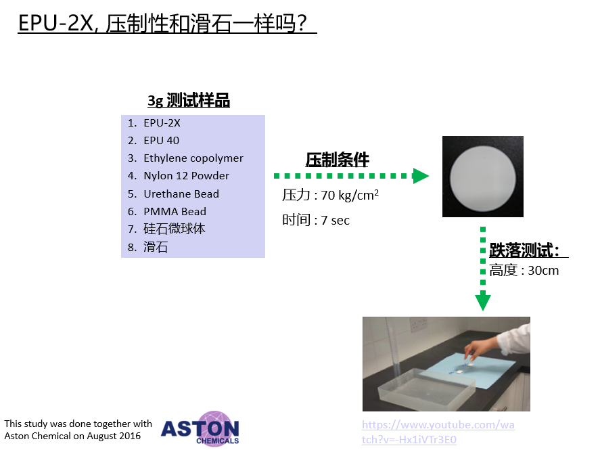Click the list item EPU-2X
[x=162, y=123]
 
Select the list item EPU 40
[x=161, y=141]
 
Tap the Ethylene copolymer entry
[x=193, y=158]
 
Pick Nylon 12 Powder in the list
[x=186, y=176]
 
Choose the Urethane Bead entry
[x=181, y=194]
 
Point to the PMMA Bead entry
[x=175, y=211]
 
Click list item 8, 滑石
[x=156, y=247]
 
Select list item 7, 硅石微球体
[x=174, y=229]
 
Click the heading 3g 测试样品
[x=189, y=101]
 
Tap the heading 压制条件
[x=337, y=160]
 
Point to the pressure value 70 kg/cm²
[x=350, y=195]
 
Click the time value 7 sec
[x=336, y=221]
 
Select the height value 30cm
[x=543, y=271]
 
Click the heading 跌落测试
[x=524, y=250]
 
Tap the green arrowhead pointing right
[x=421, y=176]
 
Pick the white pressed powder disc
[x=483, y=179]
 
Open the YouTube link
[x=438, y=432]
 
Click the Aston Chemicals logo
[x=200, y=428]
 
